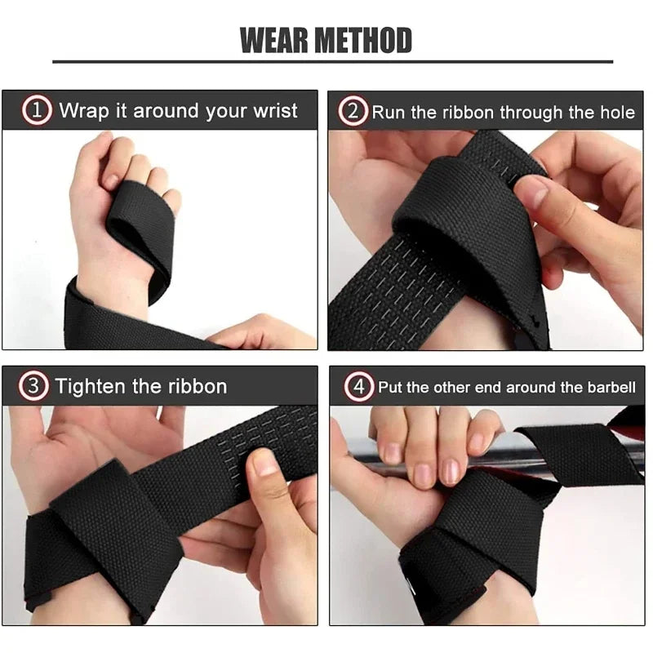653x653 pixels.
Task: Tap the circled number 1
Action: (37, 110)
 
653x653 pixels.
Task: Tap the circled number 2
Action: (353, 111)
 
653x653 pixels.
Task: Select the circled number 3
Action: (34, 386)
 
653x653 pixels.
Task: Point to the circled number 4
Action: (358, 387)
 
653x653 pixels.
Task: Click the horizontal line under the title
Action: (332, 62)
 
